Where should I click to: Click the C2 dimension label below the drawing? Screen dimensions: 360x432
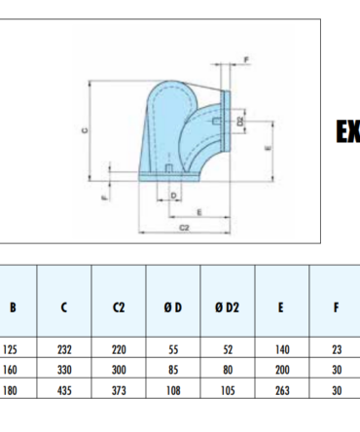coord(184,228)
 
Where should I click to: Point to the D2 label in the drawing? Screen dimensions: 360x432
coord(240,122)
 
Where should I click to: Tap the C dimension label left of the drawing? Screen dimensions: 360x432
coord(85,130)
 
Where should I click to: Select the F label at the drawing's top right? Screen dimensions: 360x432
coord(246,60)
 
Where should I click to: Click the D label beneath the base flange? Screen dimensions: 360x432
coord(173,196)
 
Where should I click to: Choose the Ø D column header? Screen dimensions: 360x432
coord(173,307)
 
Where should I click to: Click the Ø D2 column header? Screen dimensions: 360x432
coord(227,307)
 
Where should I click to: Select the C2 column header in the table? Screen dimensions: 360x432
coord(119,307)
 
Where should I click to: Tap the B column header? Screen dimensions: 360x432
coord(13,307)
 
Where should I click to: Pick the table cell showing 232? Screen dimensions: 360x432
coord(64,349)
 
